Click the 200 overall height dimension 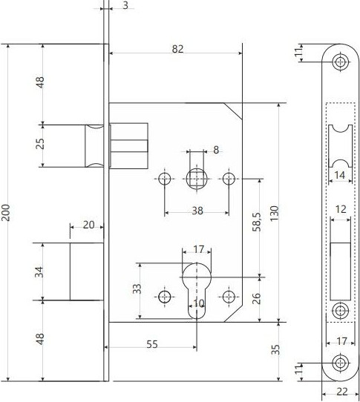6,213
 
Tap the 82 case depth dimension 177,49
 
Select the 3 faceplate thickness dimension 125,5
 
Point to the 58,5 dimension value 257,222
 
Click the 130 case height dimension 274,214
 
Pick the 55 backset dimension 152,344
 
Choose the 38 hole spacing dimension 197,211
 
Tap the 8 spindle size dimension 216,150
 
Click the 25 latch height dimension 40,144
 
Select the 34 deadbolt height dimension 39,271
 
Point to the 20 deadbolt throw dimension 89,225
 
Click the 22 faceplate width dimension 341,392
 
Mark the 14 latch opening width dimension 340,175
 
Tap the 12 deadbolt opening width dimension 341,209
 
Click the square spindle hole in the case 197,179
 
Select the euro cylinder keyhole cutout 197,291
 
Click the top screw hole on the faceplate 341,62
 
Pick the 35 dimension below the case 275,349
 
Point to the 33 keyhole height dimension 137,289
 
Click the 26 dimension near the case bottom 256,298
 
